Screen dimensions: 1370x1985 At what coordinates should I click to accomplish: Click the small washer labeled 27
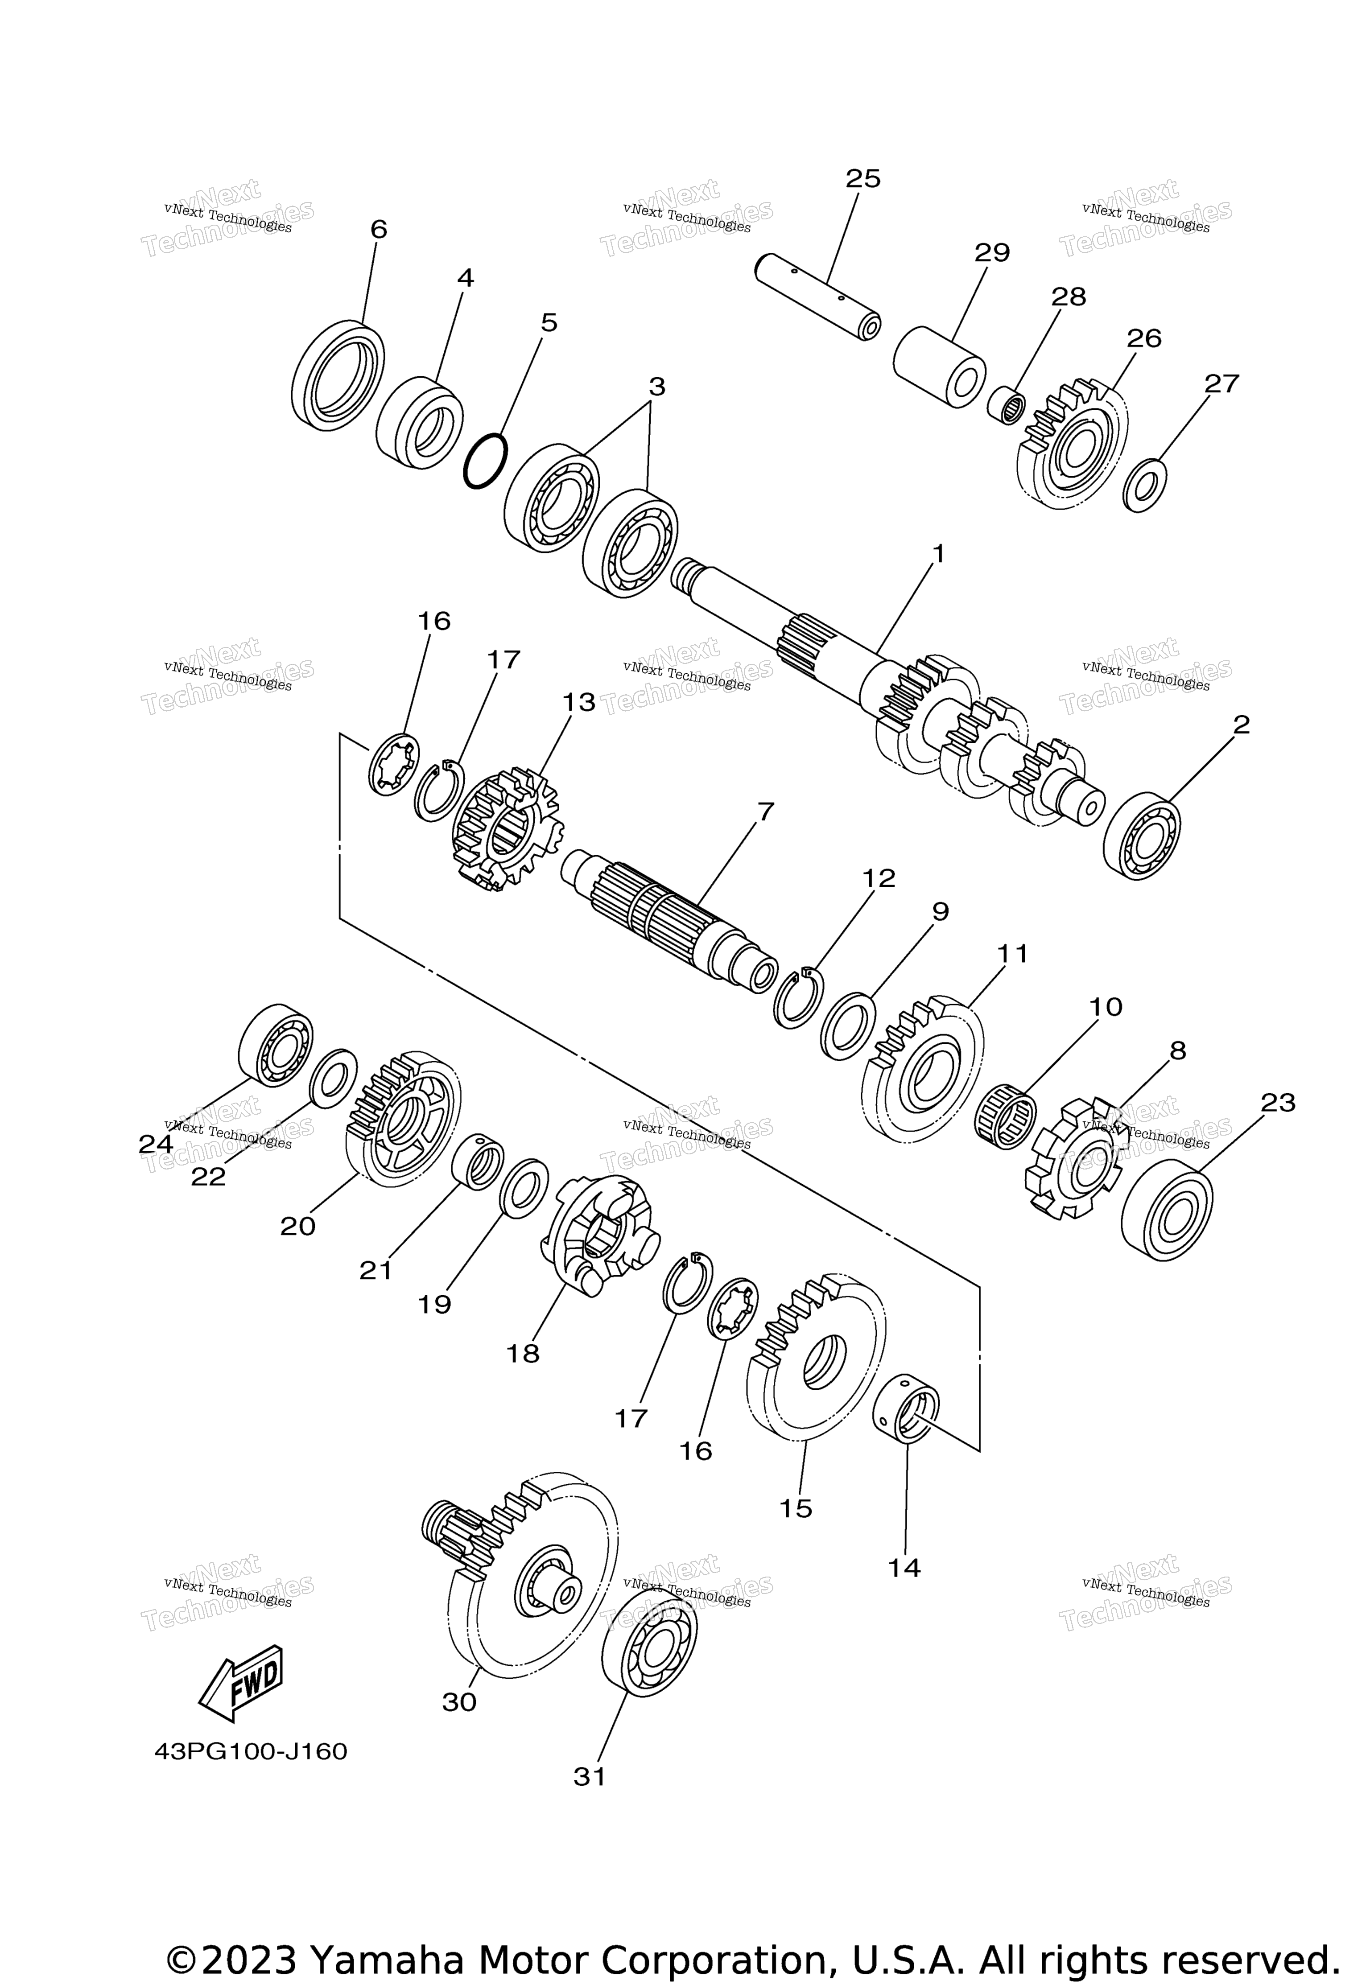click(x=1145, y=486)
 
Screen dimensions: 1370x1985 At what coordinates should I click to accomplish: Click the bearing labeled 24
click(x=275, y=1044)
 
